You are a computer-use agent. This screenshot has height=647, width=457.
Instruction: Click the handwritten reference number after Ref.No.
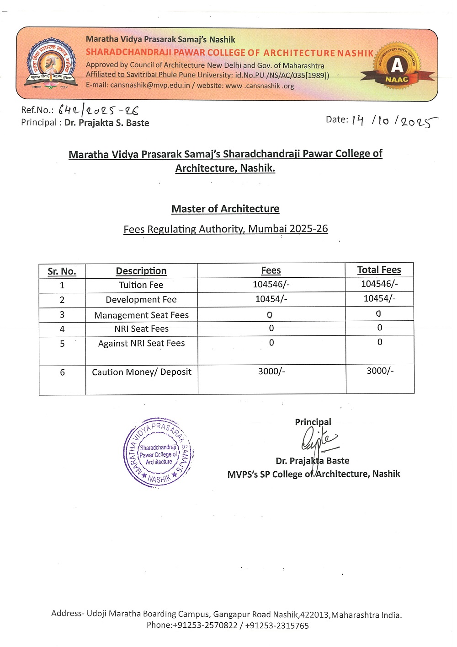pos(98,110)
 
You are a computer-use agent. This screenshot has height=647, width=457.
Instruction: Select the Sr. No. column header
pos(62,271)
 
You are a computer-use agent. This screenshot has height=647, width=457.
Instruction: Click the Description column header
pos(141,271)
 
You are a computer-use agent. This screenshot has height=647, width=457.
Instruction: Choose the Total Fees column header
pos(379,270)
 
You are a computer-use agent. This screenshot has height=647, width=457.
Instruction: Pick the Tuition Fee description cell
pos(141,285)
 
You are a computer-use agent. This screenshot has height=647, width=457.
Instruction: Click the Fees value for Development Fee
pos(271,299)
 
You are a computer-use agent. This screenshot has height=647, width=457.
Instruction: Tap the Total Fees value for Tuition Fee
pos(379,284)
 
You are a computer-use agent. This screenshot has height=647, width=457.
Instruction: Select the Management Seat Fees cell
pos(141,315)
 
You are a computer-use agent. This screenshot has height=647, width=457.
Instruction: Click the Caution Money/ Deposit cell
pos(142,372)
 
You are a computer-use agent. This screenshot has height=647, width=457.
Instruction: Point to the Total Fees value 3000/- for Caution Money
pos(380,371)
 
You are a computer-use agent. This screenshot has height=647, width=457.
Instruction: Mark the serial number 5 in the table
pos(62,344)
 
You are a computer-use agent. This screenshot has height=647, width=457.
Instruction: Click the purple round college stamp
pos(159,453)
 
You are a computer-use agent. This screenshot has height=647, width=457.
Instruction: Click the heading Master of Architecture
pos(225,209)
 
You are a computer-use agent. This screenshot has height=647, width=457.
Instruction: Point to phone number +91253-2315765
pos(277,625)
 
